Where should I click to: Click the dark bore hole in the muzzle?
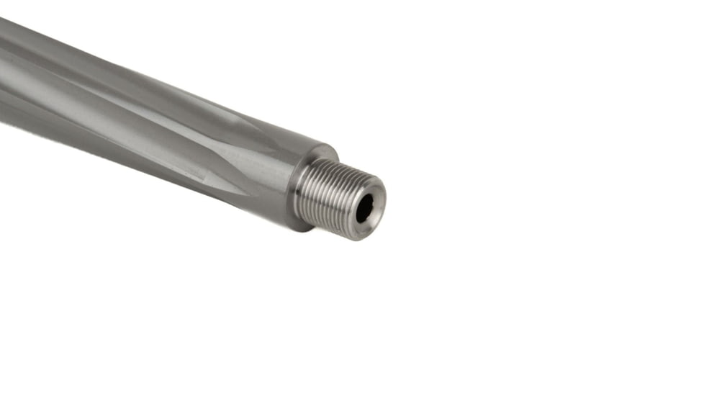click(364, 208)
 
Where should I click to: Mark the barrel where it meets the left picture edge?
click(3, 72)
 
